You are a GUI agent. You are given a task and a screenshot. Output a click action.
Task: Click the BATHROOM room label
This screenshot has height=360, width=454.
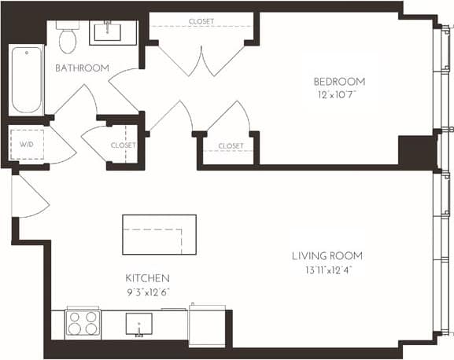point(82,68)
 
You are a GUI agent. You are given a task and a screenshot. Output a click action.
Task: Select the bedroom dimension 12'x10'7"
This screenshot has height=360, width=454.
point(338,96)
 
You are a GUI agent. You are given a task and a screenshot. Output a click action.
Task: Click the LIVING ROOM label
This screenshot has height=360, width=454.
point(327,256)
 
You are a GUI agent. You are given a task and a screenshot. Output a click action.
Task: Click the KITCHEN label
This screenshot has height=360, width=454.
point(147,279)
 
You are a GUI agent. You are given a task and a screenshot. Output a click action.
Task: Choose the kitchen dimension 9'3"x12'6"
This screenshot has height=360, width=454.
point(147,292)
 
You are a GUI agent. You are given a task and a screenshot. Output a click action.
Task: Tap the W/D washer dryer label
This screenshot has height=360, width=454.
point(27,145)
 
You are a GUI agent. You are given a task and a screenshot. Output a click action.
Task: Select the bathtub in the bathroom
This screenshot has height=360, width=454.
point(27,80)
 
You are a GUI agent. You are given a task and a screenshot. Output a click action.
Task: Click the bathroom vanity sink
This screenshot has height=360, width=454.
point(114,32)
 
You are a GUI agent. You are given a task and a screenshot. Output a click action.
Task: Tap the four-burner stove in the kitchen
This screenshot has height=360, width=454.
point(83,324)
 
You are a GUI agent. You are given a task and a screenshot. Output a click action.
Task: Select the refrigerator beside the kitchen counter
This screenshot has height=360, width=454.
point(207,323)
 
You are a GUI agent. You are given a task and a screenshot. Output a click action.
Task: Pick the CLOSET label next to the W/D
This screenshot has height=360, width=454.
point(123,145)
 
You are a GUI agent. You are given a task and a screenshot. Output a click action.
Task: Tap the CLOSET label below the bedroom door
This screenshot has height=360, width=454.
point(231,146)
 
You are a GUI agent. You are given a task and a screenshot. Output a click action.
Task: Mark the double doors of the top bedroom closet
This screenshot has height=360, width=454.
point(202,59)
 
